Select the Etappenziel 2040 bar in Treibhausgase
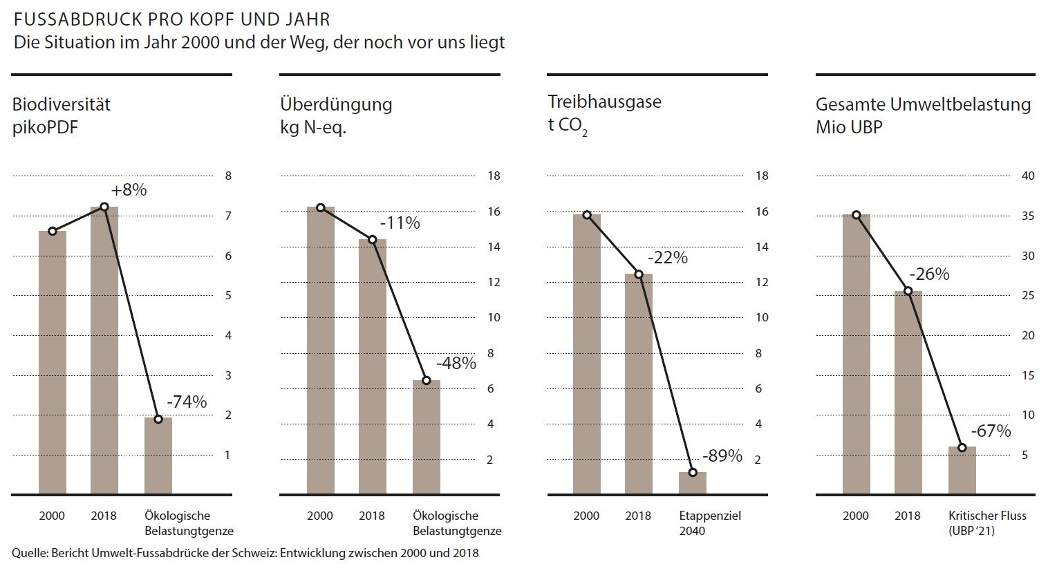coord(693,483)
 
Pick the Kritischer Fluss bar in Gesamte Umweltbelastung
coord(962,471)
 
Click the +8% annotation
coord(129,190)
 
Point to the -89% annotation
coord(722,456)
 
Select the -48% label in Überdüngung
coord(456,364)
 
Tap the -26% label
coord(929,274)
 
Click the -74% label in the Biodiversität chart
coord(187,402)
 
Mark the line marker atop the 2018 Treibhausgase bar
coord(639,274)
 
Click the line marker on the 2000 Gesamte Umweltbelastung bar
coord(857,215)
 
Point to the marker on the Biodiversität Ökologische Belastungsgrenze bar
coord(158,419)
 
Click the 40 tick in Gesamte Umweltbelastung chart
coord(1028,176)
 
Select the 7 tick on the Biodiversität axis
coord(228,216)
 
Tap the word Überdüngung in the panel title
coord(336,104)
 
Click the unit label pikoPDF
coord(46,127)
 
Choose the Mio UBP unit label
coord(849,127)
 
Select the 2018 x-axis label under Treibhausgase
coord(638,516)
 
